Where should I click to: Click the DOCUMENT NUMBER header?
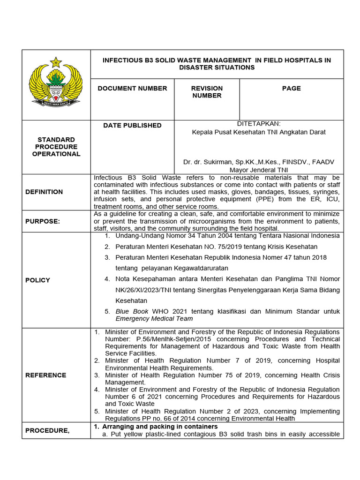coord(132,88)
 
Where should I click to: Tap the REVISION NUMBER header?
coord(207,92)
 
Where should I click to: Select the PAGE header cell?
coord(291,88)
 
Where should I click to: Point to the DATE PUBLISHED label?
coord(132,125)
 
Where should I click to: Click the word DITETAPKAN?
coord(259,123)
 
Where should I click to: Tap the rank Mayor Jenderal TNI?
coord(259,170)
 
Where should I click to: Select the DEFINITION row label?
coord(45,192)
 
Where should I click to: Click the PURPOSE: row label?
coord(43,221)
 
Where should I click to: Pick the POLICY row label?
coord(38,280)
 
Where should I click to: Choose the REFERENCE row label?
coord(46,375)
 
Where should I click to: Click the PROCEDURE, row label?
coord(47,430)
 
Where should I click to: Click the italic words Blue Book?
coord(132,311)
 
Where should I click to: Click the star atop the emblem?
coord(56,61)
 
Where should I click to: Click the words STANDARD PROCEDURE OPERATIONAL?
coord(56,147)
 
